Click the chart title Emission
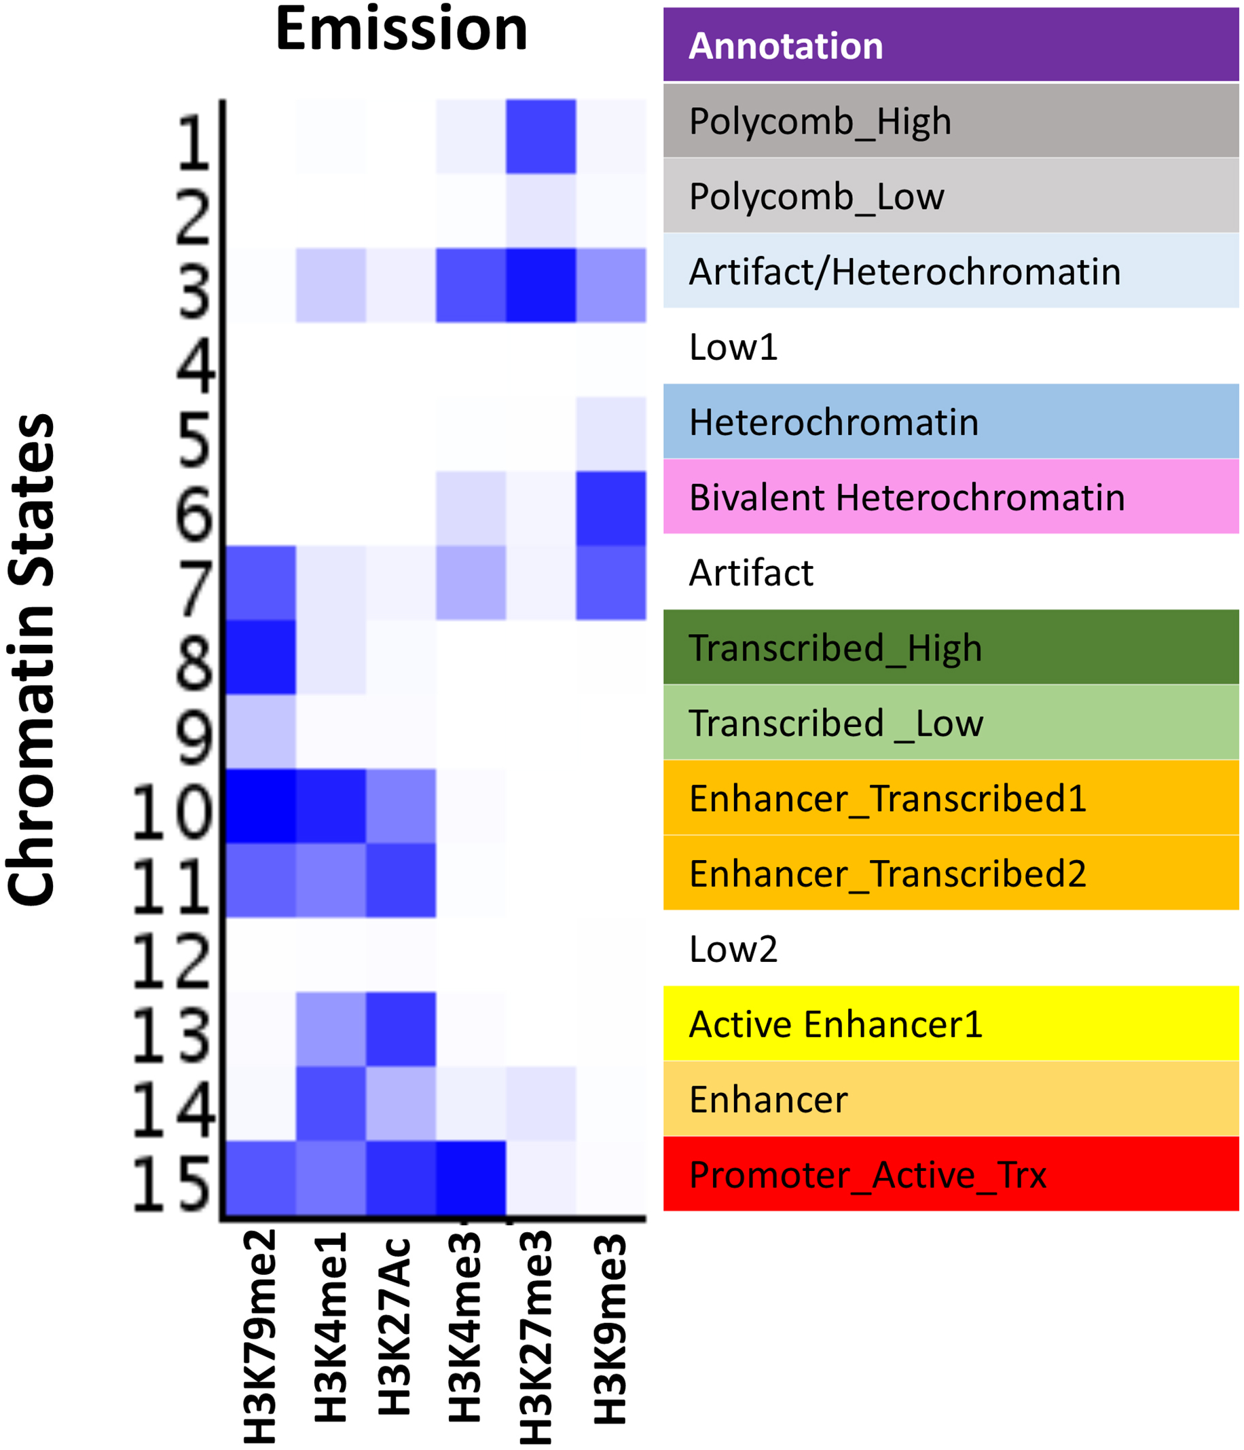[x=401, y=29]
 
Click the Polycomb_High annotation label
[x=820, y=122]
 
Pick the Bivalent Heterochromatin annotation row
[x=907, y=498]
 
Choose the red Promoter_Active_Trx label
[x=867, y=1175]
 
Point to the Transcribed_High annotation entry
[x=835, y=648]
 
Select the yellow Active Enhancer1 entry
[x=836, y=1024]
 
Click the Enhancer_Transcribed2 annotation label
[x=887, y=874]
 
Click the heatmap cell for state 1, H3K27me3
[x=541, y=136]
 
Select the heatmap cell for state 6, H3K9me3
[x=610, y=508]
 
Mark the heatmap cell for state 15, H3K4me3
[x=471, y=1178]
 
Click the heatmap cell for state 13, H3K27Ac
[x=401, y=1029]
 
